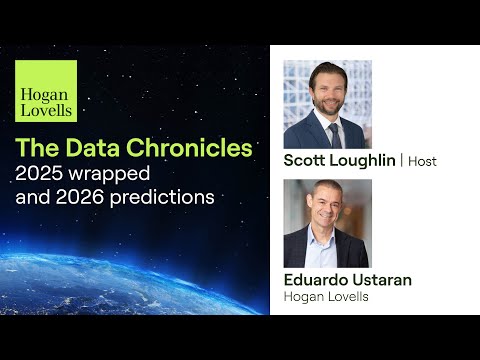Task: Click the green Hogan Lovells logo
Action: pyautogui.click(x=45, y=91)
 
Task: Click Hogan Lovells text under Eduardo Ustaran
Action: pyautogui.click(x=327, y=297)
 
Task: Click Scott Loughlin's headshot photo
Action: pyautogui.click(x=327, y=104)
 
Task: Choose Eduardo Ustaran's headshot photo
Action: pyautogui.click(x=327, y=223)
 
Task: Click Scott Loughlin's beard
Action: pyautogui.click(x=331, y=104)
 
